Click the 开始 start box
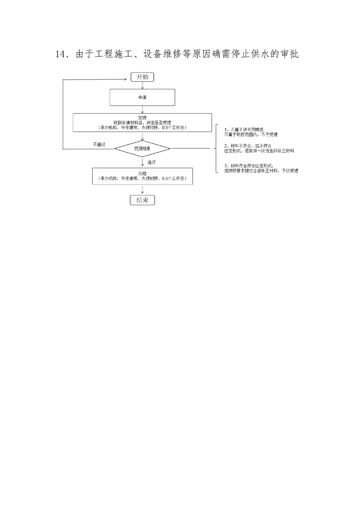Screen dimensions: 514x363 [x=142, y=77]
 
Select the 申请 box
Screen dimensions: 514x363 [x=142, y=97]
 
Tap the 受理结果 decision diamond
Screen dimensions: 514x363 [x=142, y=148]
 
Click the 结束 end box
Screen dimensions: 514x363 [x=142, y=200]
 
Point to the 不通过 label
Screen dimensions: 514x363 [x=99, y=144]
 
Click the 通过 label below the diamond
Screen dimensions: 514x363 [x=152, y=162]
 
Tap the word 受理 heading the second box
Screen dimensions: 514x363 [x=142, y=118]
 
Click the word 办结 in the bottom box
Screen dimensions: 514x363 [x=142, y=173]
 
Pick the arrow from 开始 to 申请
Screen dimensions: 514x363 [x=142, y=85]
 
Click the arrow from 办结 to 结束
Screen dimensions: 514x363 [x=142, y=190]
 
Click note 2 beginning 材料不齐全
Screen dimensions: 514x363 [x=259, y=148]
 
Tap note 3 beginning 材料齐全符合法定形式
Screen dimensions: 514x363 [x=261, y=168]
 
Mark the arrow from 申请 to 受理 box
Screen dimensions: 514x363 [x=142, y=109]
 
